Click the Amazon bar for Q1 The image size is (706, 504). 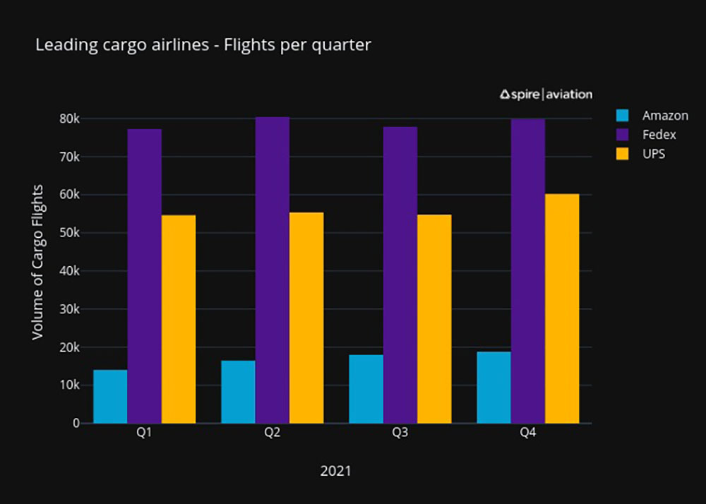[x=110, y=397]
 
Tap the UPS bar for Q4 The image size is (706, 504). [x=562, y=308]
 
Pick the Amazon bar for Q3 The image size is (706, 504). [x=366, y=389]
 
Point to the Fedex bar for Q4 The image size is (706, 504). [x=528, y=271]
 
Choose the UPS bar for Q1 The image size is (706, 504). [x=179, y=319]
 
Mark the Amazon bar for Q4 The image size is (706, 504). [x=493, y=388]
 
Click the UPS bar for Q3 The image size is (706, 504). [x=434, y=319]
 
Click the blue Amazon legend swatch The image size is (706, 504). [x=622, y=116]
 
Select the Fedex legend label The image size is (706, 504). [x=659, y=135]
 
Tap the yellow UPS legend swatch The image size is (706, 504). [x=622, y=154]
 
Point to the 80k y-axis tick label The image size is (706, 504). [x=70, y=119]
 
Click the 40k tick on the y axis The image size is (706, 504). [x=70, y=271]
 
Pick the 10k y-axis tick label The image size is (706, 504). [x=70, y=385]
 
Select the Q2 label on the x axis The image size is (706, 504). [x=272, y=433]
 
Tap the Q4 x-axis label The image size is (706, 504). [x=527, y=433]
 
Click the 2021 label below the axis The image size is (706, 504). [x=335, y=471]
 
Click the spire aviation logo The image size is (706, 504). [x=546, y=94]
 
